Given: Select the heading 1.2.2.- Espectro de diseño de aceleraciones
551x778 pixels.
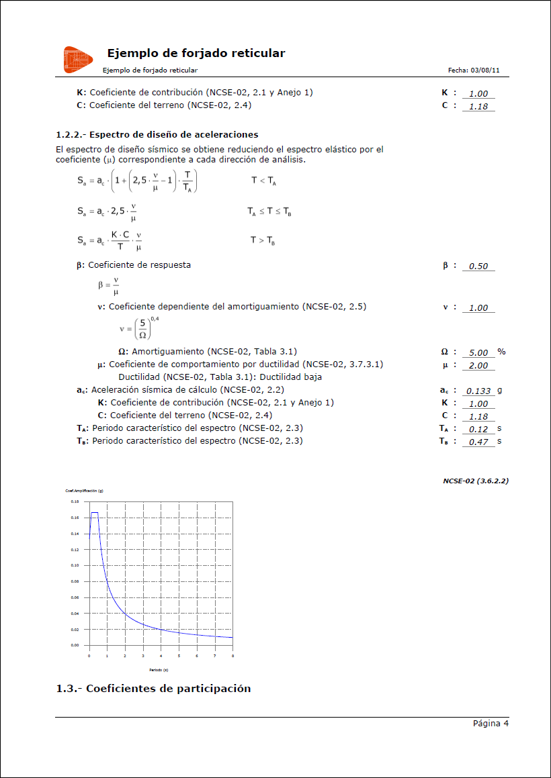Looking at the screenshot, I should pyautogui.click(x=157, y=135).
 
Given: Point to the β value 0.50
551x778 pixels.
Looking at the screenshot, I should pyautogui.click(x=478, y=266).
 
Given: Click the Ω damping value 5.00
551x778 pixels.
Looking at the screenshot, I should pyautogui.click(x=478, y=352).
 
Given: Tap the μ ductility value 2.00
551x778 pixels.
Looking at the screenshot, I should pyautogui.click(x=478, y=366).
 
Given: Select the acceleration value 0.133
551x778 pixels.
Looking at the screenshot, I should pyautogui.click(x=478, y=391).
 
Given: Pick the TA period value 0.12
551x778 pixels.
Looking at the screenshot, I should pyautogui.click(x=478, y=429).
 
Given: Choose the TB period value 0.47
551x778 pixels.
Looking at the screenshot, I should pyautogui.click(x=478, y=442).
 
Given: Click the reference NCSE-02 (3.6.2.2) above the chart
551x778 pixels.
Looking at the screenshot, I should pyautogui.click(x=475, y=481).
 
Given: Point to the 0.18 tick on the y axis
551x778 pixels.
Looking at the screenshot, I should pyautogui.click(x=75, y=501).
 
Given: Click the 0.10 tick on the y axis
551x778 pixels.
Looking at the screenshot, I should pyautogui.click(x=75, y=565).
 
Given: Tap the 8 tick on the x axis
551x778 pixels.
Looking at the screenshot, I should pyautogui.click(x=232, y=655).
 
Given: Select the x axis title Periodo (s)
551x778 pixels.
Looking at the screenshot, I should pyautogui.click(x=159, y=669).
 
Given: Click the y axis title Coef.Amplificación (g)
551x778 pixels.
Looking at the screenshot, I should pyautogui.click(x=84, y=491).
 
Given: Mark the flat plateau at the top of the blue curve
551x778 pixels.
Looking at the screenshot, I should pyautogui.click(x=94, y=513).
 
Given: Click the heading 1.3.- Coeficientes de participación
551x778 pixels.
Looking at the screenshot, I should pyautogui.click(x=153, y=689).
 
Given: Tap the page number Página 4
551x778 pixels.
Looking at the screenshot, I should pyautogui.click(x=491, y=724).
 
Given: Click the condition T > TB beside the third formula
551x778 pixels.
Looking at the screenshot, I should pyautogui.click(x=263, y=240).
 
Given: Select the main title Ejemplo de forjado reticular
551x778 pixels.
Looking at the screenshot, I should pyautogui.click(x=196, y=54).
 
